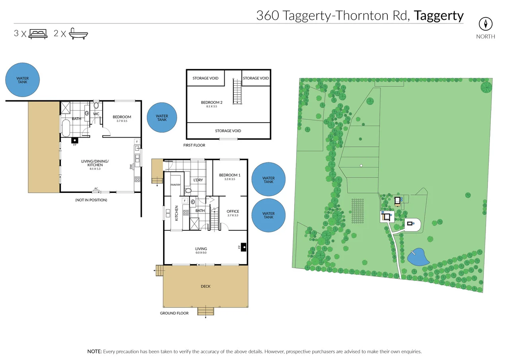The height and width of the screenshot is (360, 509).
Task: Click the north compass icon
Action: click(486, 24)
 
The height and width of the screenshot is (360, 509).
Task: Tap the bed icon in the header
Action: click(38, 33)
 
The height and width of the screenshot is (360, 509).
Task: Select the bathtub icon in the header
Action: click(78, 34)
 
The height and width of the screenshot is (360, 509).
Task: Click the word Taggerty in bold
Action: click(439, 16)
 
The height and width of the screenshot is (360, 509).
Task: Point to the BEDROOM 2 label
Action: click(212, 103)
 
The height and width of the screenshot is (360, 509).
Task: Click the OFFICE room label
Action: click(233, 211)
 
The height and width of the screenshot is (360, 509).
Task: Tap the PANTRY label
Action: click(175, 185)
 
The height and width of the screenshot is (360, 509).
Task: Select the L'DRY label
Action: click(198, 180)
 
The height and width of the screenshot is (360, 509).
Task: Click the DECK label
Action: click(206, 286)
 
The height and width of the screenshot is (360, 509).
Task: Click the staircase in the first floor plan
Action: click(237, 91)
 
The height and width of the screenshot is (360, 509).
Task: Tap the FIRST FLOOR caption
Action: click(194, 145)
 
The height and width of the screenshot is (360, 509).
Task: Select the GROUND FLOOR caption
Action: click(174, 313)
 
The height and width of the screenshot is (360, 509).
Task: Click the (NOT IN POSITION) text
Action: click(91, 200)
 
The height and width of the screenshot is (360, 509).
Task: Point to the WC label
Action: click(96, 114)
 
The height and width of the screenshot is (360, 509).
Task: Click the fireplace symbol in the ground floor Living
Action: click(243, 247)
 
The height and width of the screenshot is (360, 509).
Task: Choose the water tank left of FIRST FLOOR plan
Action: click(161, 118)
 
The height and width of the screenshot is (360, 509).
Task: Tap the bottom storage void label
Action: click(228, 131)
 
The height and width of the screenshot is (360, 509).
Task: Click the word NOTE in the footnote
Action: click(94, 352)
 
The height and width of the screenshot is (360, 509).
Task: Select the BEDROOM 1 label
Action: click(230, 175)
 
